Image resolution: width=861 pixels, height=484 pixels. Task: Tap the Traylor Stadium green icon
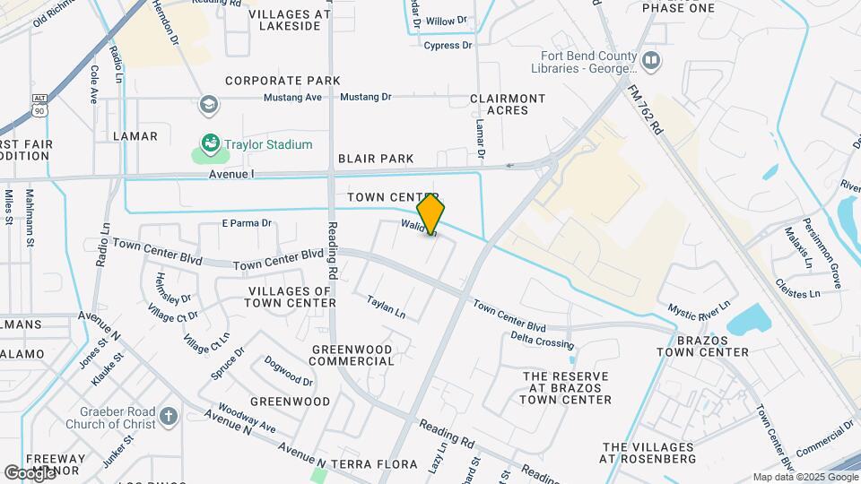pyautogui.click(x=211, y=143)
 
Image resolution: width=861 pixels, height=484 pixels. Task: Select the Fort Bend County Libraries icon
pyautogui.click(x=652, y=61)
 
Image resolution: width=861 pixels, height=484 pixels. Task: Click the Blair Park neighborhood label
pyautogui.click(x=376, y=159)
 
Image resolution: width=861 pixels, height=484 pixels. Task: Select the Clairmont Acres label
pyautogui.click(x=508, y=104)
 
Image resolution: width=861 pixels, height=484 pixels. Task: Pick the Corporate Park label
pyautogui.click(x=283, y=81)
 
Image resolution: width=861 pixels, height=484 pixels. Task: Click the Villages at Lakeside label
pyautogui.click(x=283, y=21)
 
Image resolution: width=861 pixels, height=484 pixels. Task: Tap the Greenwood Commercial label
pyautogui.click(x=352, y=355)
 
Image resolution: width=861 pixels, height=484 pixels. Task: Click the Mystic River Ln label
pyautogui.click(x=699, y=309)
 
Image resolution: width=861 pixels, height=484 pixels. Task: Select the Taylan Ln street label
pyautogui.click(x=387, y=308)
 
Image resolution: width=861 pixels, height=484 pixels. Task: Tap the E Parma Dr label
pyautogui.click(x=246, y=223)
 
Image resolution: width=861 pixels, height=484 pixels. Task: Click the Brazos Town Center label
pyautogui.click(x=702, y=345)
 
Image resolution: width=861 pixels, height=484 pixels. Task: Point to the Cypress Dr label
pyautogui.click(x=448, y=45)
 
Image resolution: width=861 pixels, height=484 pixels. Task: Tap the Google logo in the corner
pyautogui.click(x=30, y=472)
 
